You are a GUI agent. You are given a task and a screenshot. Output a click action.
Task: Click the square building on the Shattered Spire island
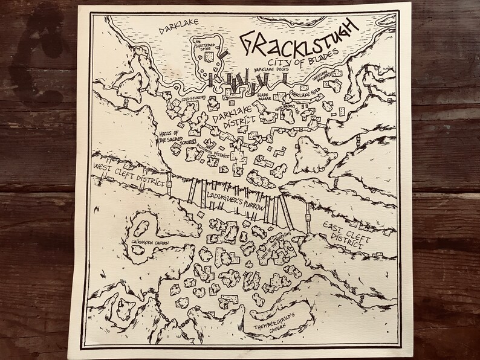coord(209,57)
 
